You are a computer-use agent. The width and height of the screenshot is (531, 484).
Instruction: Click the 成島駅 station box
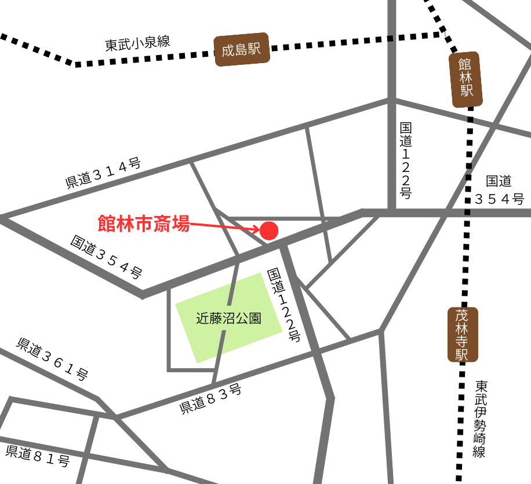point(242,49)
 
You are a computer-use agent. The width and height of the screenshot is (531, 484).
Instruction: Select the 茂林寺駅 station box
point(463,335)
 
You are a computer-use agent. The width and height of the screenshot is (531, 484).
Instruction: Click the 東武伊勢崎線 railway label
point(479,419)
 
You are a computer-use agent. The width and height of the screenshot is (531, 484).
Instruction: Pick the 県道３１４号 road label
point(103,173)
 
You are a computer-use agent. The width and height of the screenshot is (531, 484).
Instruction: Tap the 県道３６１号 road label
point(52,359)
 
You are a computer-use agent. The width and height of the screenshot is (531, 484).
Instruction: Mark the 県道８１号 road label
point(38,456)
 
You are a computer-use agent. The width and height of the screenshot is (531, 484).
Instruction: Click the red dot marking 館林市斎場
point(268,230)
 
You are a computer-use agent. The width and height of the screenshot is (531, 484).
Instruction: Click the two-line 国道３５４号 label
point(499,190)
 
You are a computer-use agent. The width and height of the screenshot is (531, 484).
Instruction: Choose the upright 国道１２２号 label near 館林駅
point(406,160)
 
